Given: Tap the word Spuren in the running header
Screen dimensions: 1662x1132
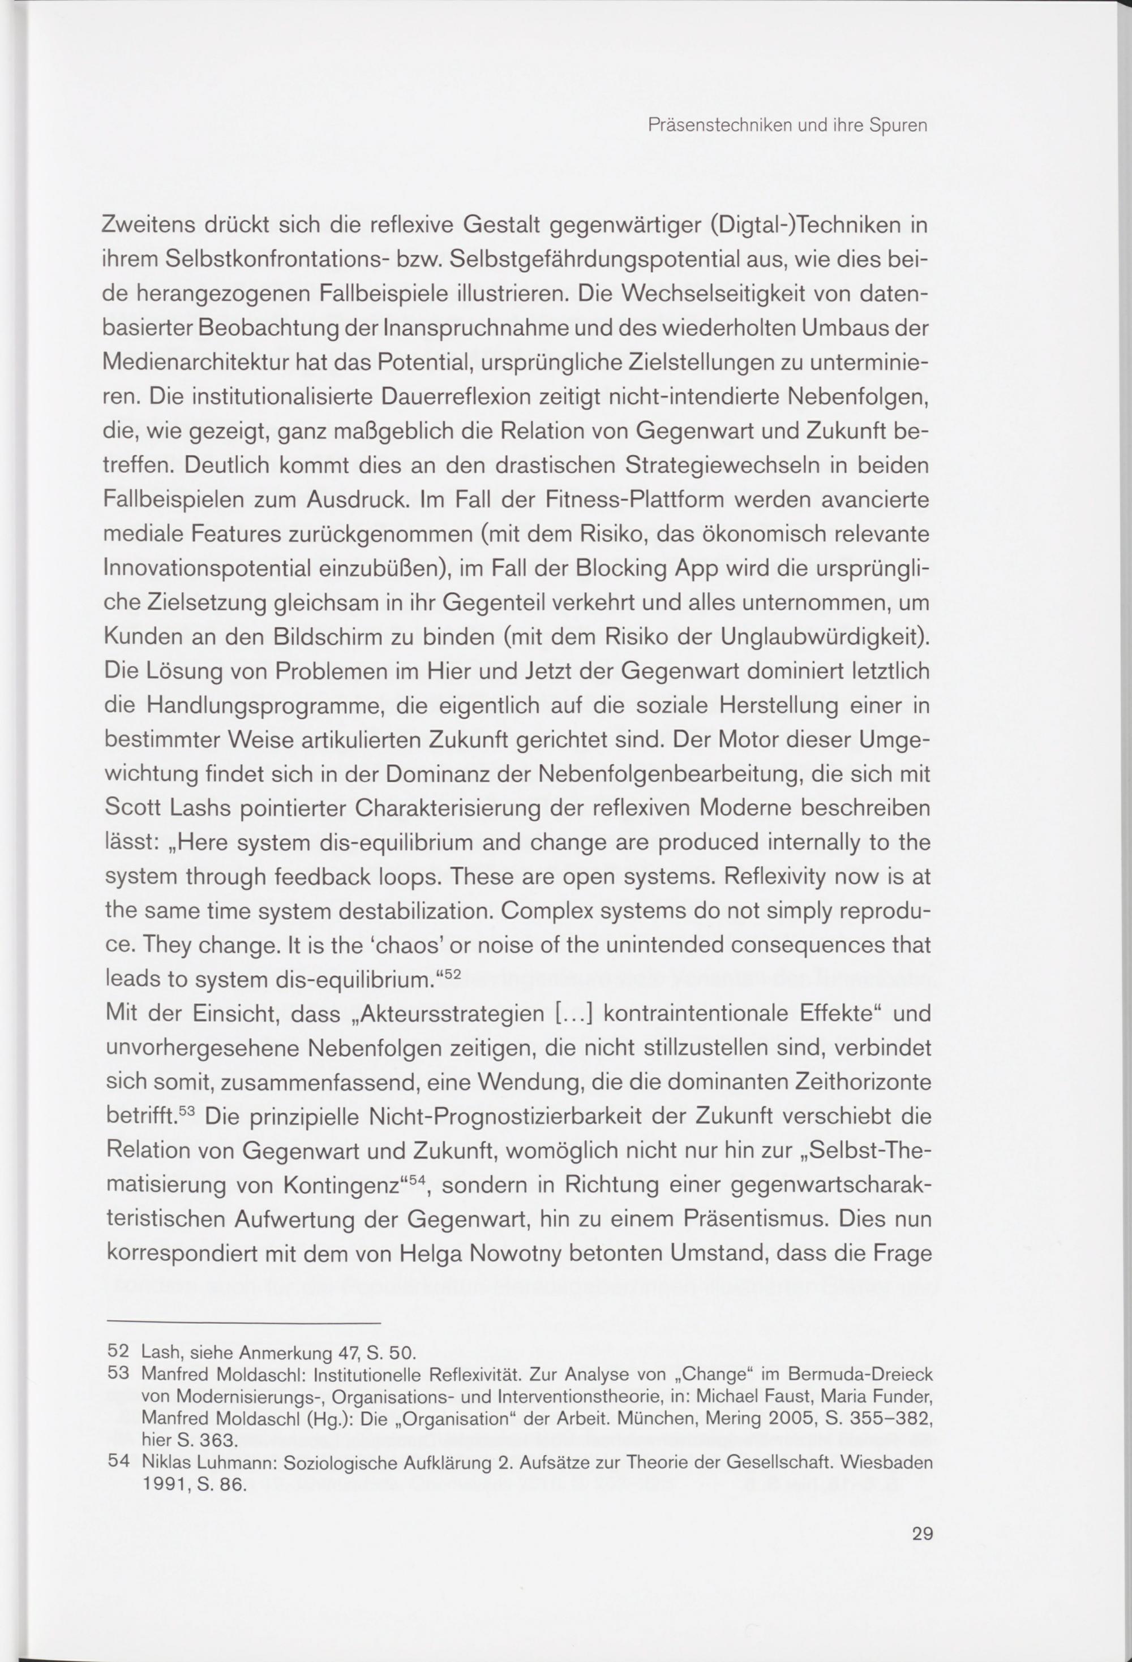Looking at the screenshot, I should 899,127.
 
